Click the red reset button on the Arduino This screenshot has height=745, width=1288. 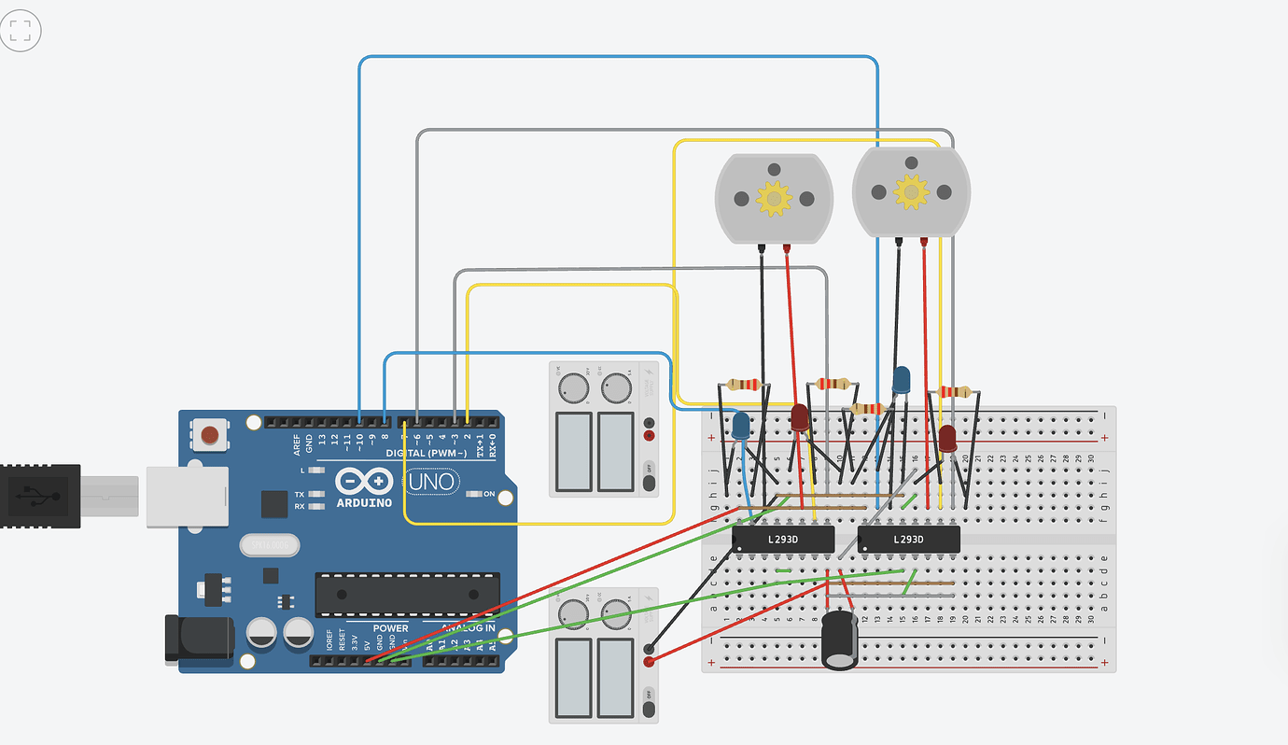[x=211, y=435]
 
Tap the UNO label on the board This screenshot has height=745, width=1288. [x=431, y=483]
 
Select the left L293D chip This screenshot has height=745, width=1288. [x=782, y=539]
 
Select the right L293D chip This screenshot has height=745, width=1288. [x=908, y=539]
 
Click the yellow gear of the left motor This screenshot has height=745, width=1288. [x=773, y=199]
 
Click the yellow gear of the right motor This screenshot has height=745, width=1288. [x=911, y=190]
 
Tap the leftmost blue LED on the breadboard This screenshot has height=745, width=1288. [x=741, y=428]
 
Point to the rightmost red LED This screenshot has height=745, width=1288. [x=947, y=439]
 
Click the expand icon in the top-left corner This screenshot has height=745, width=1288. [x=21, y=30]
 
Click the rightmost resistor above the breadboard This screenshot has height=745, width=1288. [x=955, y=391]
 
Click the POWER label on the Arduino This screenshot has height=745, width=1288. [x=390, y=628]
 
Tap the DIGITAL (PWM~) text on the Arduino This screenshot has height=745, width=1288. [x=426, y=453]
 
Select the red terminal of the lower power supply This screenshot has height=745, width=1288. [x=649, y=662]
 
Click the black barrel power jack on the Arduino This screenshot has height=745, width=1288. [x=198, y=640]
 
